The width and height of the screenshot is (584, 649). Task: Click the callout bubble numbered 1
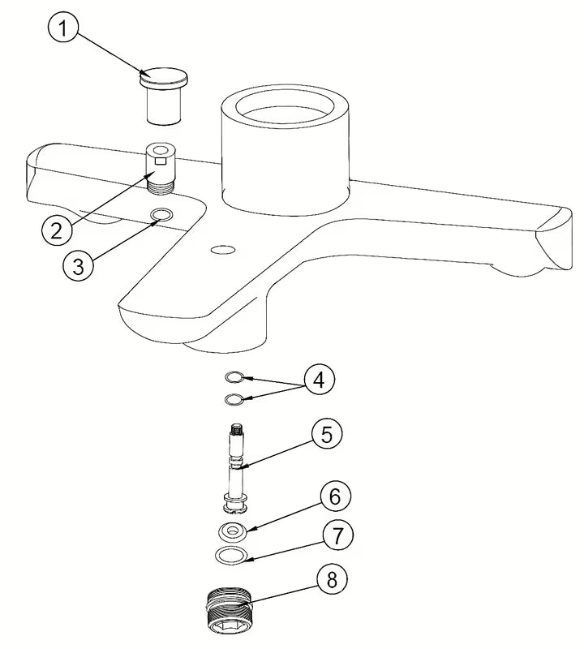[x=63, y=28]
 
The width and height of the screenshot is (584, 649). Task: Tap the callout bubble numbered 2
[x=57, y=230]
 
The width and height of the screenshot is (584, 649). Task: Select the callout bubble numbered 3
[x=78, y=265]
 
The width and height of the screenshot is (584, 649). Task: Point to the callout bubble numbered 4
[x=319, y=379]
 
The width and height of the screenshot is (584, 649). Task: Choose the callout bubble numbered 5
[x=327, y=435]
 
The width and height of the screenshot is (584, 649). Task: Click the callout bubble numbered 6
[x=335, y=496]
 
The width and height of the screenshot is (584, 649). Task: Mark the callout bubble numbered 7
[x=338, y=535]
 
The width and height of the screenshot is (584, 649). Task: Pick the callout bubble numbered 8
[x=332, y=579]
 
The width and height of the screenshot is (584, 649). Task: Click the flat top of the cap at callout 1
[x=164, y=75]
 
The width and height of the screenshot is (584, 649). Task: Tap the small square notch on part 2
[x=160, y=161]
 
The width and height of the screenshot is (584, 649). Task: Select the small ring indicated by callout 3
[x=161, y=214]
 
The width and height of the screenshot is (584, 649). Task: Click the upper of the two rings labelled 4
[x=234, y=377]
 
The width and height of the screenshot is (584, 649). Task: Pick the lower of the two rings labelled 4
[x=234, y=399]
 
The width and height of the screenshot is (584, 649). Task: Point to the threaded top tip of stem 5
[x=237, y=429]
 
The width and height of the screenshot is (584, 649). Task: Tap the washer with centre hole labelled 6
[x=232, y=531]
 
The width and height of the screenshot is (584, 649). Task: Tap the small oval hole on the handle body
[x=223, y=250]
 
